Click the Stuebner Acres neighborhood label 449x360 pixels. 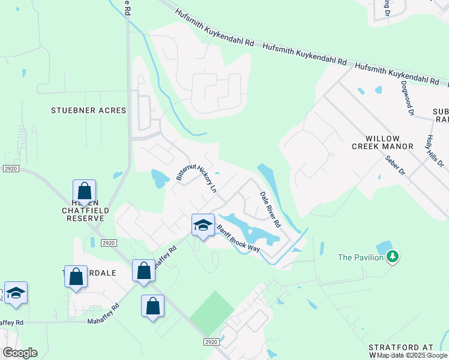pyautogui.click(x=88, y=110)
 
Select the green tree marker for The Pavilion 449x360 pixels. pyautogui.click(x=393, y=257)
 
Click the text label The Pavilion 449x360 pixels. pyautogui.click(x=360, y=257)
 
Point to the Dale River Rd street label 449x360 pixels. pyautogui.click(x=270, y=209)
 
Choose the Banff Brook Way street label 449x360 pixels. pyautogui.click(x=238, y=238)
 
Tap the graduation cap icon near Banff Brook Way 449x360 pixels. pyautogui.click(x=203, y=225)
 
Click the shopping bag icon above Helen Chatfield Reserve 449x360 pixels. pyautogui.click(x=85, y=191)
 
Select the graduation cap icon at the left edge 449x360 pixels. pyautogui.click(x=16, y=293)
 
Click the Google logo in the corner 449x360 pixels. pyautogui.click(x=19, y=353)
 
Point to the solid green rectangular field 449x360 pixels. pyautogui.click(x=212, y=313)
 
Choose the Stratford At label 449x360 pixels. pyautogui.click(x=408, y=347)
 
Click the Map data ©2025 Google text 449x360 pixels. pyautogui.click(x=412, y=355)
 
